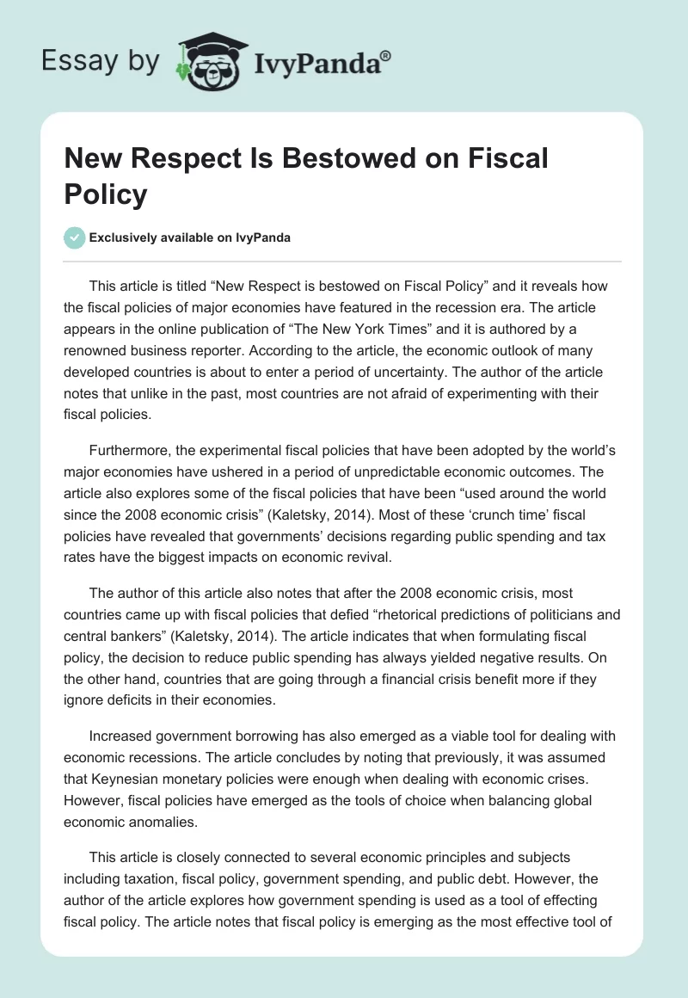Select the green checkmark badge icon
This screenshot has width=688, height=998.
coord(75,237)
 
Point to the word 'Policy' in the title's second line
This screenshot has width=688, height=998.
coord(106,194)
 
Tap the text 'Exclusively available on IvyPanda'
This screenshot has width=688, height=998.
coord(190,237)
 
